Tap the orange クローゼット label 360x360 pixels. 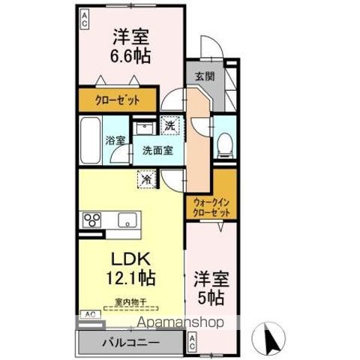click(117, 100)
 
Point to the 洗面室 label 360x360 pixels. click(157, 149)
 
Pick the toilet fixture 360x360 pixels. click(223, 145)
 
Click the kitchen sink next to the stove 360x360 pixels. click(126, 220)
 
